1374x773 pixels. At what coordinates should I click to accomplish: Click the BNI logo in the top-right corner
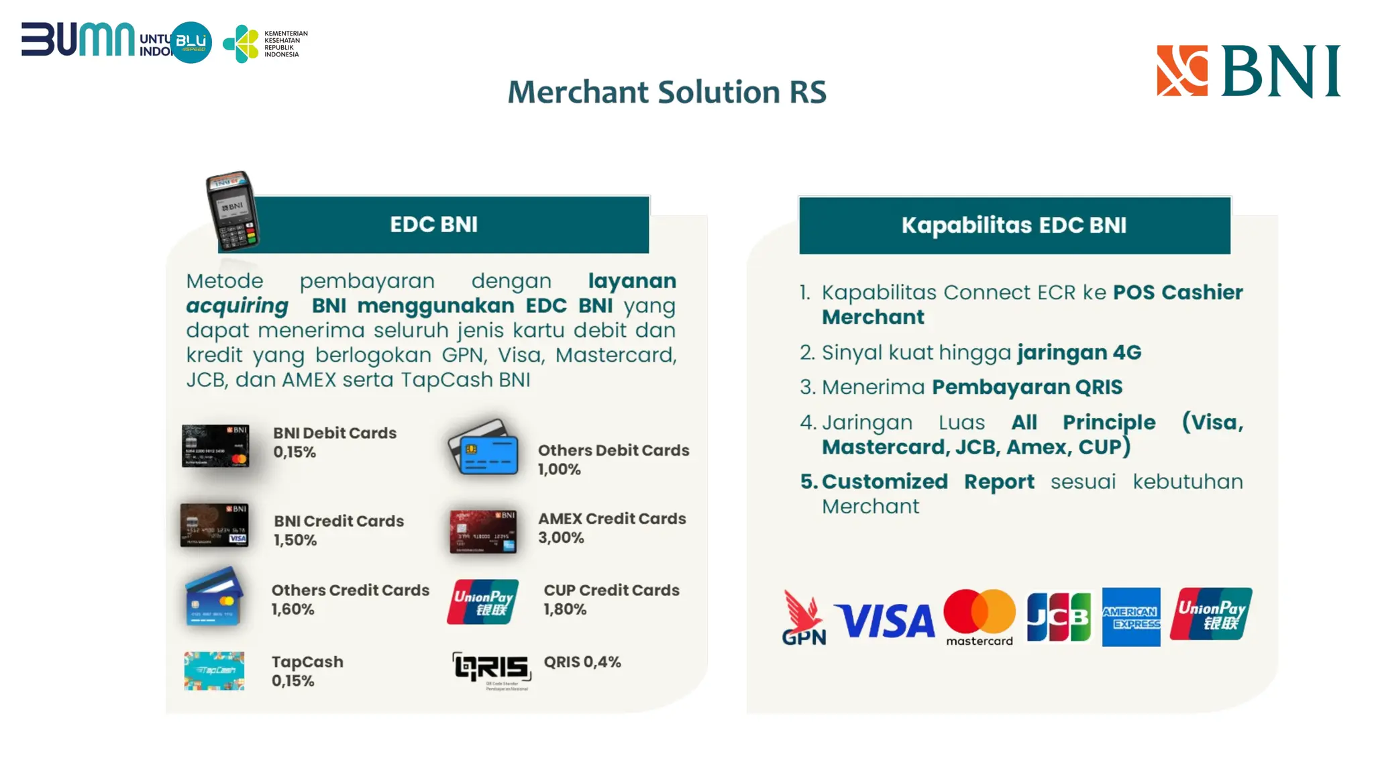click(x=1248, y=71)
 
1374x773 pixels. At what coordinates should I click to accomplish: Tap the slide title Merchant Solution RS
click(x=667, y=93)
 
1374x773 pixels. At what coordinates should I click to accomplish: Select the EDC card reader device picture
click(x=232, y=211)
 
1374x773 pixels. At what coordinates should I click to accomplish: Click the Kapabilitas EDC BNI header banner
click(x=1014, y=225)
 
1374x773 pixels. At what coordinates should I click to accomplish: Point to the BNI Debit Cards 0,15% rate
click(x=295, y=452)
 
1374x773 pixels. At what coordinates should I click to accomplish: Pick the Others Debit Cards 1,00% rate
click(x=559, y=470)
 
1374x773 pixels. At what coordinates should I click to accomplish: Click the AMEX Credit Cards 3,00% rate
click(x=561, y=538)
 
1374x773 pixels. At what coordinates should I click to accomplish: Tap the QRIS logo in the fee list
click(x=492, y=669)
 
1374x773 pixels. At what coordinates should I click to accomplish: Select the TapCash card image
click(x=214, y=670)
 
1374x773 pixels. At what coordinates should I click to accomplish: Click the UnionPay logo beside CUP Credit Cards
click(x=483, y=602)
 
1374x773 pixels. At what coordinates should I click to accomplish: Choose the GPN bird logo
click(x=804, y=617)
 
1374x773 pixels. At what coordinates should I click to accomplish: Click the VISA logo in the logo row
click(x=884, y=621)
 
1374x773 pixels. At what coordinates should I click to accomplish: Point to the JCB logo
click(x=1059, y=617)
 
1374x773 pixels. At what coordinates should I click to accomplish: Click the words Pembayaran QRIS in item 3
click(x=1026, y=387)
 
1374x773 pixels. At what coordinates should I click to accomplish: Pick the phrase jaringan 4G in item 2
click(x=1079, y=352)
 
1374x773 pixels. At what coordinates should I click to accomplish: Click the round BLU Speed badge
click(x=191, y=42)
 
